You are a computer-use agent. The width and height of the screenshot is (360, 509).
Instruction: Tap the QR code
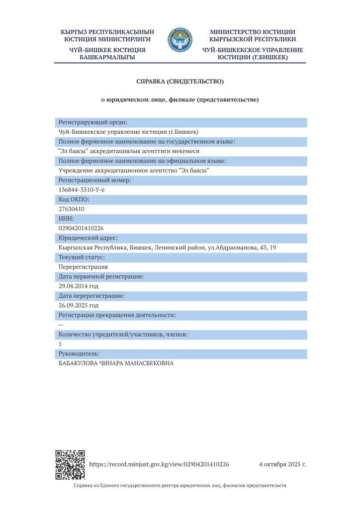click(x=69, y=465)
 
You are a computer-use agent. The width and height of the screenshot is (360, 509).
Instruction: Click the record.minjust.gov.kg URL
click(x=159, y=464)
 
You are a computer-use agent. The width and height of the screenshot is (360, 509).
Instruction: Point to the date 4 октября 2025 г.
click(x=282, y=464)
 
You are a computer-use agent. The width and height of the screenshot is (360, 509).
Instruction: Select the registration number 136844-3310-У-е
click(x=82, y=190)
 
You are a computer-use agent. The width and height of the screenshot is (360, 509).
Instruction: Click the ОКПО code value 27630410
click(x=72, y=209)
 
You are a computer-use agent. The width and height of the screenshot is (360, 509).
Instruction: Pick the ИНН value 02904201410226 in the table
click(x=81, y=228)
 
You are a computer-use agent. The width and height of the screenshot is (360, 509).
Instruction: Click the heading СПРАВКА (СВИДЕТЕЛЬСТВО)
click(x=180, y=81)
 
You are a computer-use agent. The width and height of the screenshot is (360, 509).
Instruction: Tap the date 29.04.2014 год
click(x=79, y=286)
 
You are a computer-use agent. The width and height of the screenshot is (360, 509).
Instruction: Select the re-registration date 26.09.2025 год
click(x=79, y=305)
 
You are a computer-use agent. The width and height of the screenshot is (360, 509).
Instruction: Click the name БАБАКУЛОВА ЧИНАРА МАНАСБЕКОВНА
click(x=116, y=363)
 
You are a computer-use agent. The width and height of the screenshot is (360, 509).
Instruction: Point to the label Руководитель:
click(x=79, y=353)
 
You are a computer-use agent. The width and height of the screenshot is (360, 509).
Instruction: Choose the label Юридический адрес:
click(x=89, y=238)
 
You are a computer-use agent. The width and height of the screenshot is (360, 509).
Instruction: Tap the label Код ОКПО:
click(x=74, y=199)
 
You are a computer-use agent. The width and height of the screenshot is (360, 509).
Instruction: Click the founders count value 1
click(x=60, y=344)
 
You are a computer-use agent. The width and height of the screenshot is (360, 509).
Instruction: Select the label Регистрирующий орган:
click(x=93, y=122)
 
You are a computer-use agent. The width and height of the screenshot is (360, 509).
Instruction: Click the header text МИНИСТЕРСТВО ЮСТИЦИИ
click(x=253, y=32)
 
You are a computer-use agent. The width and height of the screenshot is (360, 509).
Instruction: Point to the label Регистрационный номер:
click(x=95, y=180)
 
